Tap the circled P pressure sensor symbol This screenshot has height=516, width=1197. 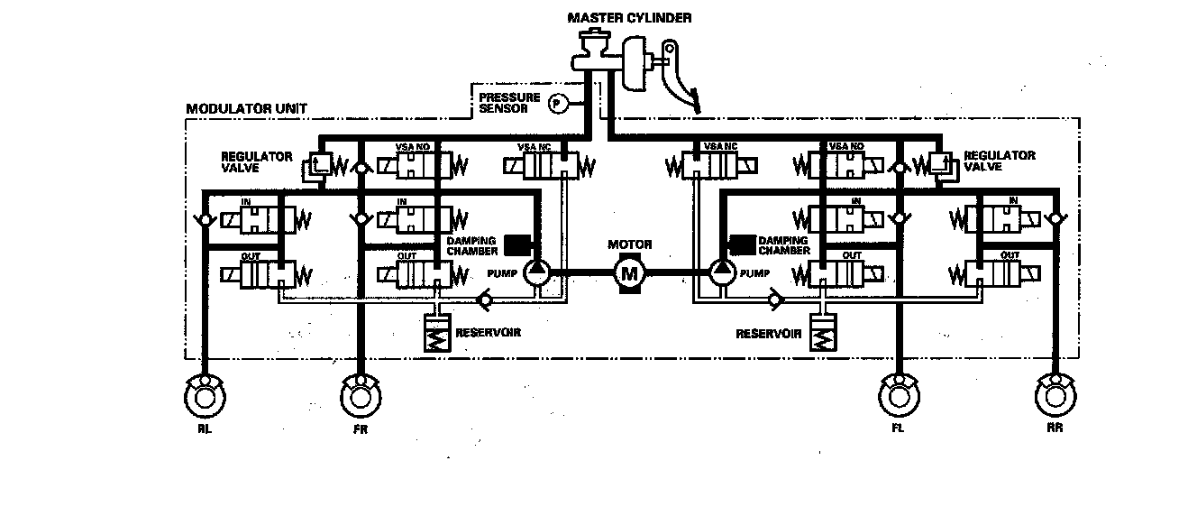click(556, 105)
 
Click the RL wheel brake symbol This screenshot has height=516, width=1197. click(205, 394)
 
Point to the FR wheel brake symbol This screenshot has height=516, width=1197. click(361, 394)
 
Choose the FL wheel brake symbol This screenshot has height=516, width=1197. click(898, 394)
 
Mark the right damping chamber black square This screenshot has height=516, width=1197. click(742, 244)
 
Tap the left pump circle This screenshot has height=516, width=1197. click(538, 270)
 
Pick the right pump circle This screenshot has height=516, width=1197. click(721, 270)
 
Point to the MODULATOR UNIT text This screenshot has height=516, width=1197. click(246, 109)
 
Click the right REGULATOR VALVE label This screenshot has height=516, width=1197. click(1000, 161)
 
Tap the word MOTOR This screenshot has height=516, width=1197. click(629, 244)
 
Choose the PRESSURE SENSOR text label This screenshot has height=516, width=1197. click(509, 102)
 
